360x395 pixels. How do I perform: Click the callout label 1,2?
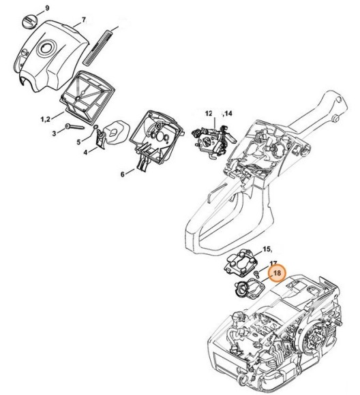(44, 118)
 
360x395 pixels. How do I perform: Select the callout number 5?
(78, 142)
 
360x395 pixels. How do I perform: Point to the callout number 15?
(267, 250)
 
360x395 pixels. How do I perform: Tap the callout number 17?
(273, 263)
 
